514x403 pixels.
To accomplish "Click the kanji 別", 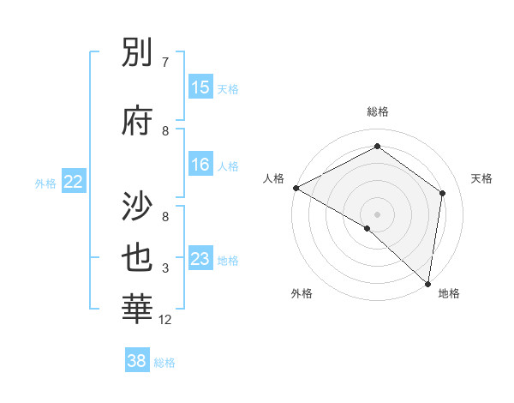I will click(139, 54).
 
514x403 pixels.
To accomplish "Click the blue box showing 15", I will click(200, 87).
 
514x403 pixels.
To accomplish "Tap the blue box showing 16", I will click(200, 165).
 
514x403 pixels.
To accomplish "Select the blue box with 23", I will click(200, 259).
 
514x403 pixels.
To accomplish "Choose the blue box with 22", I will click(74, 182).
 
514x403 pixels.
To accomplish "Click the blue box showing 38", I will click(137, 362).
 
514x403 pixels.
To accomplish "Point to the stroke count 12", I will click(166, 321).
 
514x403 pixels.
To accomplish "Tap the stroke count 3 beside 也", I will click(164, 269).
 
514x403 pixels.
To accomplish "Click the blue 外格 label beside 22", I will click(45, 183).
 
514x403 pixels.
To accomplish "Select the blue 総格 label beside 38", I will click(164, 363).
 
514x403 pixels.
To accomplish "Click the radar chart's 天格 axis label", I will click(481, 178).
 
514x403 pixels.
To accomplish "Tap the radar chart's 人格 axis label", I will click(274, 178).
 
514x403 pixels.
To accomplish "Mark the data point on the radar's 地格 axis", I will click(427, 283).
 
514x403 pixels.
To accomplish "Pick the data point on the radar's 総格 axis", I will click(377, 147).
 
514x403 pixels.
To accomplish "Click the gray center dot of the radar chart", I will click(377, 214).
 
